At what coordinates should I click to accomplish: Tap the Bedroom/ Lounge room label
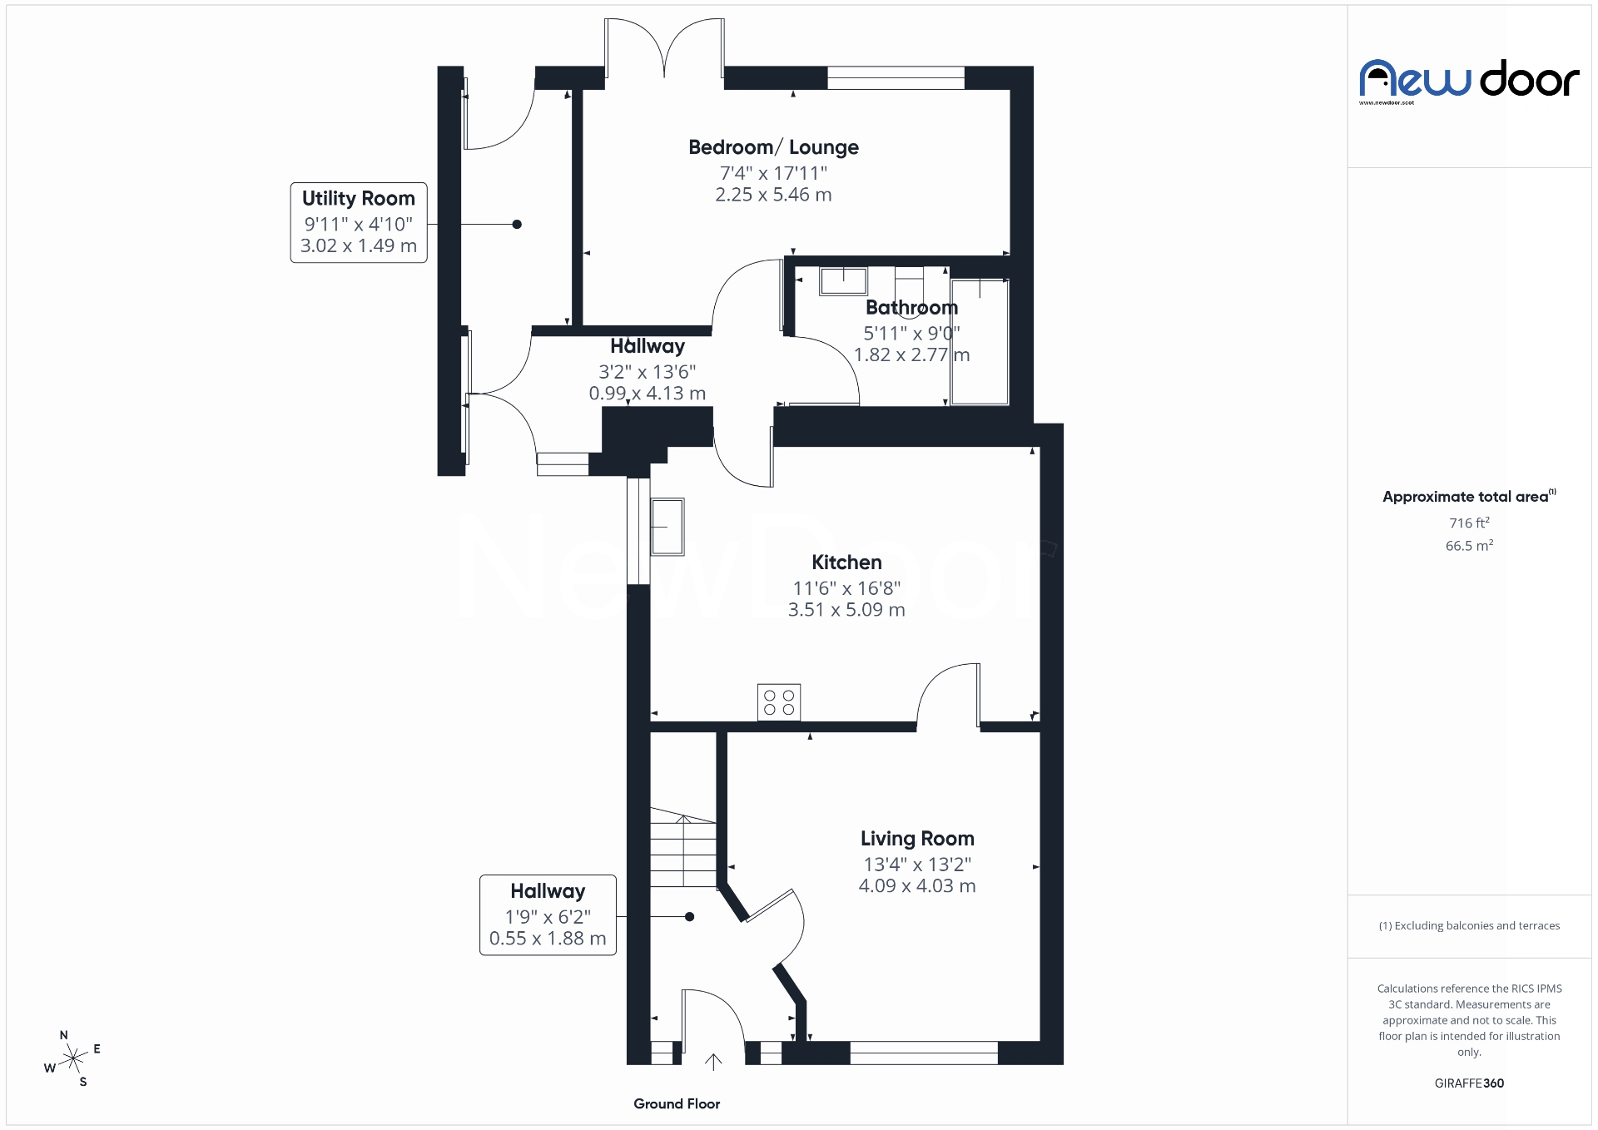pyautogui.click(x=773, y=147)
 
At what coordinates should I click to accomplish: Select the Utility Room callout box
pyautogui.click(x=359, y=222)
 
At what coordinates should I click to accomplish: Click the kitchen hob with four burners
pyautogui.click(x=779, y=701)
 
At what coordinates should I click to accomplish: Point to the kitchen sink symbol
pyautogui.click(x=667, y=527)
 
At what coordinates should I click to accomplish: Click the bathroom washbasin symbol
pyautogui.click(x=843, y=280)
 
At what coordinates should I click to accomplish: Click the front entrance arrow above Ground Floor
pyautogui.click(x=713, y=1061)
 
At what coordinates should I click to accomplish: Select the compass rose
pyautogui.click(x=74, y=1058)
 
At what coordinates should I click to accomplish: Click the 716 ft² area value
pyautogui.click(x=1469, y=523)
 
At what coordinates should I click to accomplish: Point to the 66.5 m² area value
pyautogui.click(x=1469, y=546)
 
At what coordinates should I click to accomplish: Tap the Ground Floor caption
pyautogui.click(x=677, y=1103)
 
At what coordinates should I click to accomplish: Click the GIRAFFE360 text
pyautogui.click(x=1469, y=1083)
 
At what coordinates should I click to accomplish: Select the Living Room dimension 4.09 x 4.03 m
pyautogui.click(x=916, y=885)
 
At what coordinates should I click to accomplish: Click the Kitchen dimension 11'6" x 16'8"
pyautogui.click(x=846, y=587)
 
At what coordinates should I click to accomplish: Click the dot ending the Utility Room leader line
pyautogui.click(x=517, y=224)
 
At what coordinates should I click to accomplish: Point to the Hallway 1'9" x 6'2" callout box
pyautogui.click(x=548, y=914)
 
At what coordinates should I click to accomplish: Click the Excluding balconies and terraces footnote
pyautogui.click(x=1469, y=925)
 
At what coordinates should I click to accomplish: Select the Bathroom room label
pyautogui.click(x=911, y=307)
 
